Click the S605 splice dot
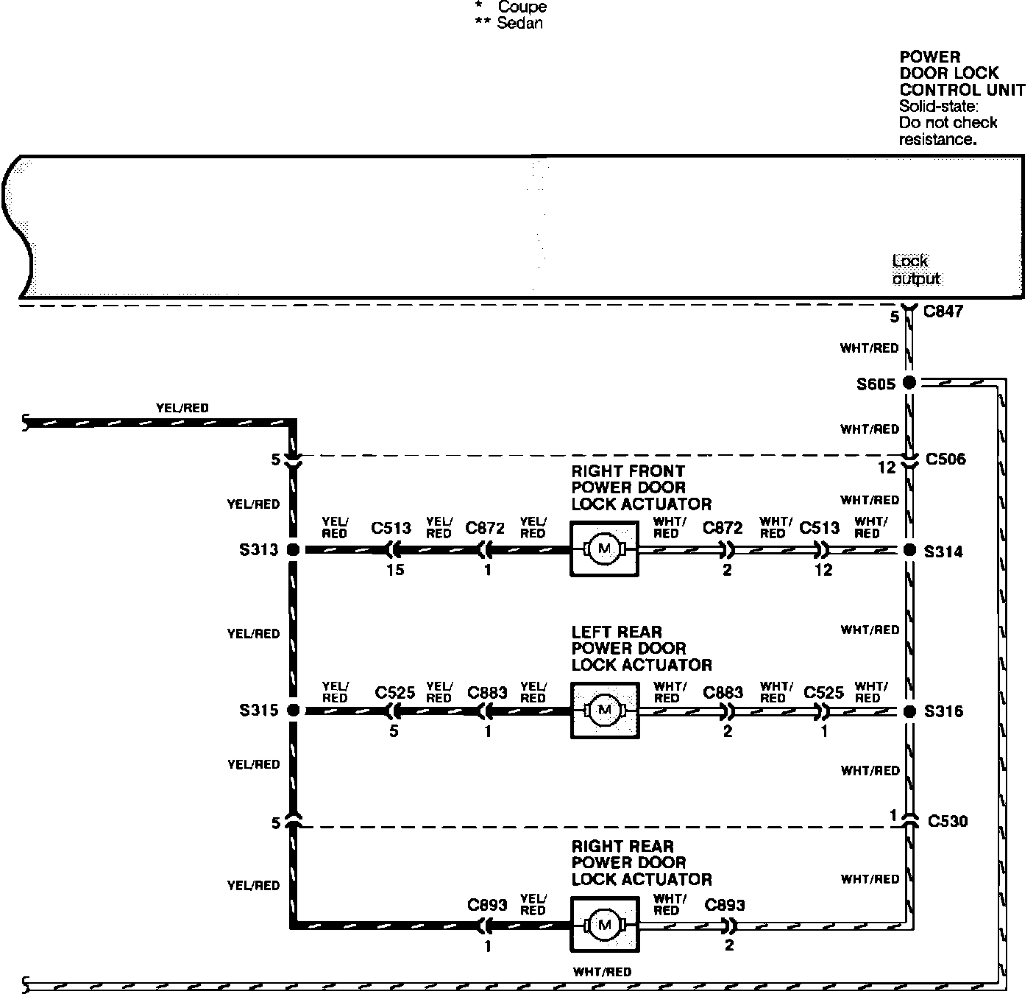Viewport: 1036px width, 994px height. (909, 382)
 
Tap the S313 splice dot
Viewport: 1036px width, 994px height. (292, 549)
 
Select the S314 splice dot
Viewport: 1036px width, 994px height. (909, 550)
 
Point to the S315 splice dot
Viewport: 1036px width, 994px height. (292, 711)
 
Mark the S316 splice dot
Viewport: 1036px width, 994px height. (909, 711)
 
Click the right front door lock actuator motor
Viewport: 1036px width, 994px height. (604, 549)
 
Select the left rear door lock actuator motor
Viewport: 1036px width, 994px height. (604, 710)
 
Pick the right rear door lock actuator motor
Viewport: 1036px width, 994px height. (604, 924)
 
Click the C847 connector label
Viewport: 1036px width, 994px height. (943, 311)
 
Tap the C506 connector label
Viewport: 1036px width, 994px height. (945, 459)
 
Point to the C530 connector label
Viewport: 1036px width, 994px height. (947, 821)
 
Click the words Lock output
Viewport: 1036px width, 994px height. (916, 269)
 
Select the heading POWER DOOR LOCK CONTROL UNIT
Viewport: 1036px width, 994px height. (962, 74)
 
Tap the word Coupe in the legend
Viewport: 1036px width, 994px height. (522, 7)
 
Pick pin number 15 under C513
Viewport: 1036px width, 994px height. (395, 570)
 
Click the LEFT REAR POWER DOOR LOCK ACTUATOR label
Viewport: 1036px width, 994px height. (641, 648)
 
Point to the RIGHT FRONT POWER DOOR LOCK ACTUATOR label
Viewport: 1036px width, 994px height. (641, 487)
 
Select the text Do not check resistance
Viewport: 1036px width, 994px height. (948, 130)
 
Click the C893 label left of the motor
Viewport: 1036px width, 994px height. (487, 905)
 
